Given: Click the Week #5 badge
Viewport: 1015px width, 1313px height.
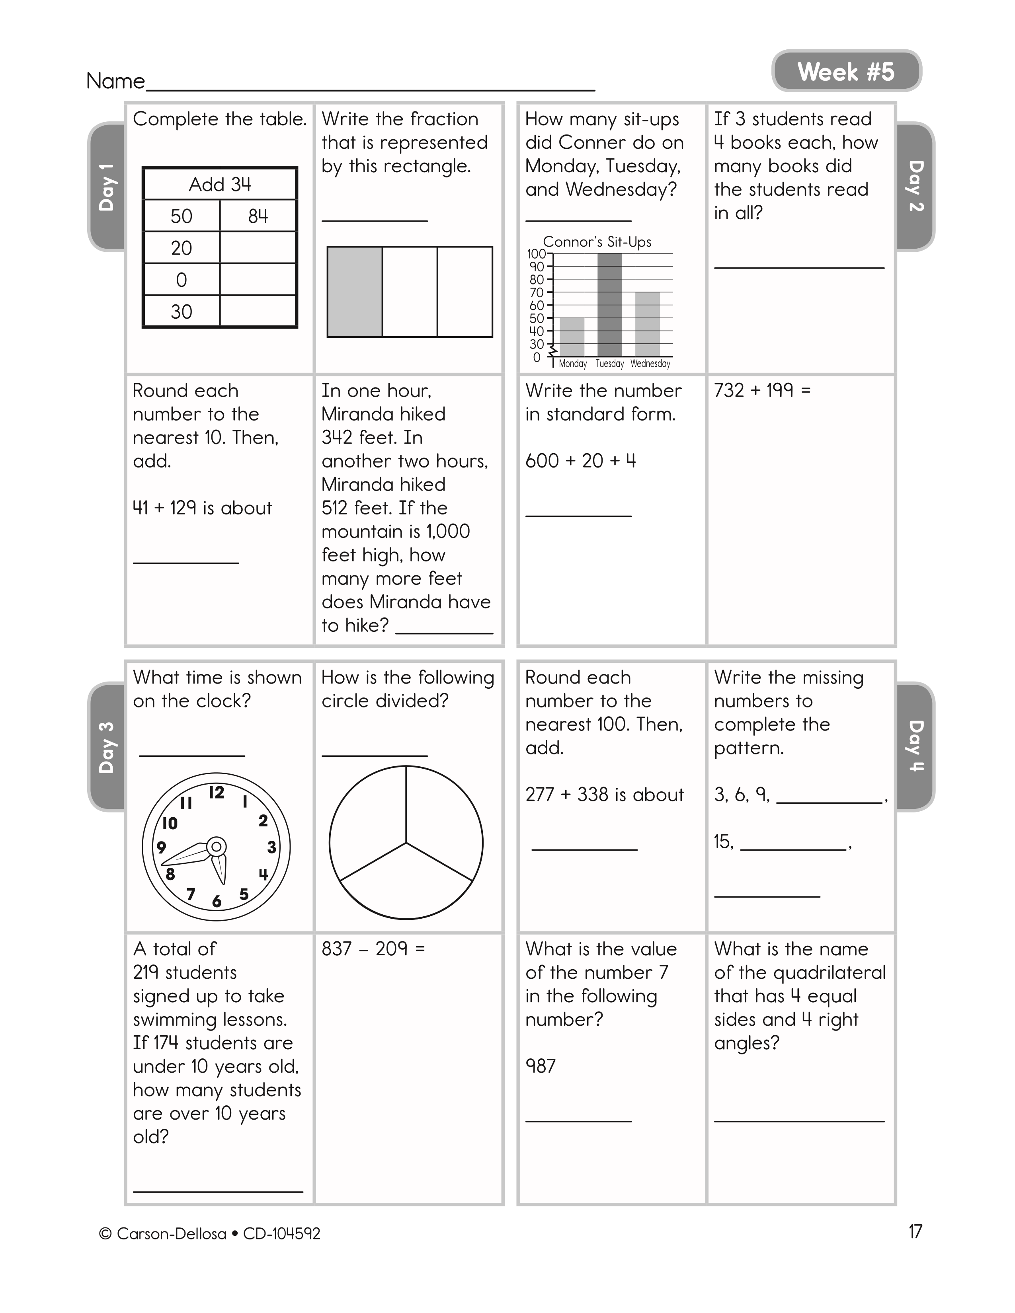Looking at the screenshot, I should [x=846, y=72].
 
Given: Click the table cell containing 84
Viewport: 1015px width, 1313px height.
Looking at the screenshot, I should [x=258, y=216].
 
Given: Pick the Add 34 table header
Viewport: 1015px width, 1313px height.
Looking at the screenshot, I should [x=220, y=184].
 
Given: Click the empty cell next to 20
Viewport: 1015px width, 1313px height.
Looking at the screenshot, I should [x=258, y=248].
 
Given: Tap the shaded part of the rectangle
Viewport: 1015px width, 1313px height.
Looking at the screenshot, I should [x=355, y=292].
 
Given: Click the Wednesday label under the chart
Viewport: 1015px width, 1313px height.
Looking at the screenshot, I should [x=650, y=364].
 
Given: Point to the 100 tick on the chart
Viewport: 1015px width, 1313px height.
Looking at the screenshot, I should [x=537, y=254].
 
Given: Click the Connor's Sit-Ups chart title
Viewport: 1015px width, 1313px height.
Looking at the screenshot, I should [x=597, y=242].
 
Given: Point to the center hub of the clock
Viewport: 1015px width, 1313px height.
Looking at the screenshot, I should [x=217, y=847].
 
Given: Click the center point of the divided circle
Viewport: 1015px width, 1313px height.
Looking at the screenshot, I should [x=406, y=843].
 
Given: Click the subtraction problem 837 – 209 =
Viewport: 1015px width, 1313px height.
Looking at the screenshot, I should [x=373, y=949].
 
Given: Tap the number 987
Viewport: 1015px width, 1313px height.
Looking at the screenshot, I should [x=541, y=1066].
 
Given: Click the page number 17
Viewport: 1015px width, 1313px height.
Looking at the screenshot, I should [x=915, y=1232].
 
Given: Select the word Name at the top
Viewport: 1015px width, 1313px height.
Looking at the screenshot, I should [x=115, y=80].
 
